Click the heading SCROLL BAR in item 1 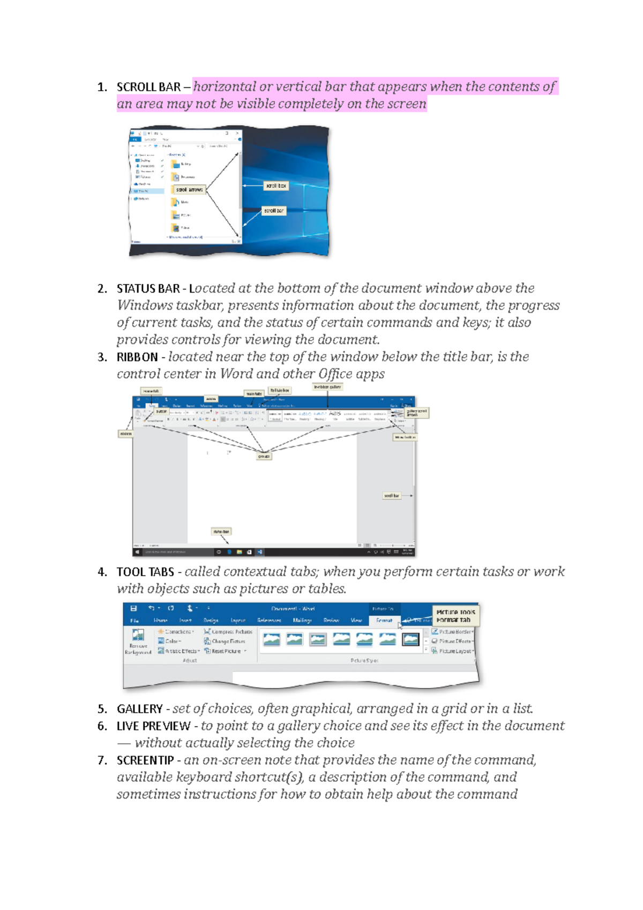click(148, 87)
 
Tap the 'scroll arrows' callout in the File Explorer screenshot click(190, 190)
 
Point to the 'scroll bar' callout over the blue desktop click(273, 211)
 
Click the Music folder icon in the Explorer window click(175, 203)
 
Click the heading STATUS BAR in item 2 click(148, 289)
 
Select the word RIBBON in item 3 click(137, 357)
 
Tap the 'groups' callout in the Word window click(264, 457)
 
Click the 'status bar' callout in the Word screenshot click(221, 532)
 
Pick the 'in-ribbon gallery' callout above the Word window click(327, 387)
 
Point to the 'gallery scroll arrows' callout click(416, 413)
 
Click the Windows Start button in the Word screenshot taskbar click(138, 551)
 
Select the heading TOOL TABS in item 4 click(145, 572)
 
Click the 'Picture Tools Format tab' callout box click(455, 616)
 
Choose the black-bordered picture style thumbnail click(411, 639)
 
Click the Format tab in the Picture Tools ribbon click(384, 621)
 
